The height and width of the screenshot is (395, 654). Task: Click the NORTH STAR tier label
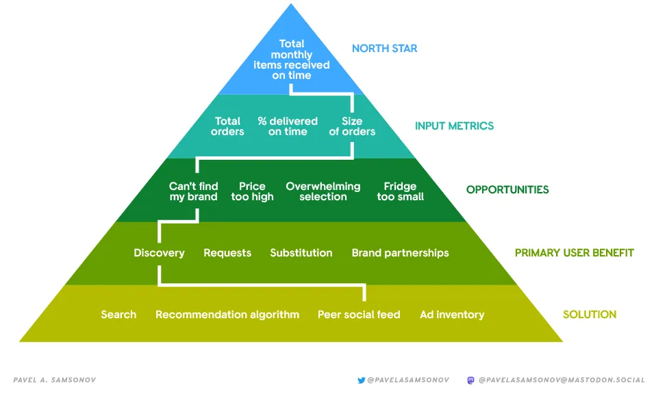point(384,49)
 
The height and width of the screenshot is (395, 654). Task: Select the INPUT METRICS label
point(454,126)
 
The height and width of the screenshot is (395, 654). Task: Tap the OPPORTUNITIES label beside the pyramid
point(507,190)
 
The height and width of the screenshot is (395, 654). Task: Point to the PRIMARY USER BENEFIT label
point(574,253)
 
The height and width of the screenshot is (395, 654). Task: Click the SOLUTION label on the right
point(589,315)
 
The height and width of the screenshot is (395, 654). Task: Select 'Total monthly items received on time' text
point(291,60)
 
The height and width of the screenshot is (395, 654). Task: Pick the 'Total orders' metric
point(227,126)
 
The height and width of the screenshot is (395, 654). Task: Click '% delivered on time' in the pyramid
point(288,126)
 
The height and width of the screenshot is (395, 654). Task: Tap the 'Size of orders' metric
point(352,126)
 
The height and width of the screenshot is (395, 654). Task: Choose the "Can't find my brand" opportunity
point(193,191)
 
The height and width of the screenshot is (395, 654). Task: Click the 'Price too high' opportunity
point(252,191)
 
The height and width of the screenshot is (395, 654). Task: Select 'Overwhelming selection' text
point(323,191)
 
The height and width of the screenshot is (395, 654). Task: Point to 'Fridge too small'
point(400,191)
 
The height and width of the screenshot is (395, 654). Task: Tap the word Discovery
point(159,253)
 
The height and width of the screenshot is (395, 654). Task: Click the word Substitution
point(301,253)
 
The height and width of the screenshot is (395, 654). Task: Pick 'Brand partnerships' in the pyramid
point(400,253)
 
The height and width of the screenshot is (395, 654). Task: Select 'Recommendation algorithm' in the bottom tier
point(227,315)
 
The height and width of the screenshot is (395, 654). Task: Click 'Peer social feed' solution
point(358,315)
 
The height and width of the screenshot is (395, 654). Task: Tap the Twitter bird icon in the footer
point(361,379)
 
